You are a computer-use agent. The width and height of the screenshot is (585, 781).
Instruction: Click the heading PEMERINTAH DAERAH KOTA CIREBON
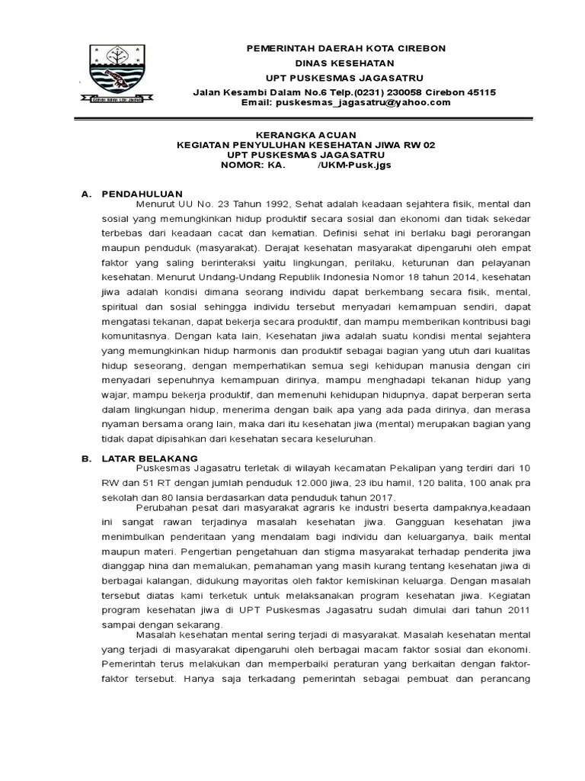tap(344, 48)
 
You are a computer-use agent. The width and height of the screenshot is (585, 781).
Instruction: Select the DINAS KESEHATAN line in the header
tap(344, 63)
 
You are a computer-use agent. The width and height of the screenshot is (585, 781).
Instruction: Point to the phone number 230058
tap(388, 92)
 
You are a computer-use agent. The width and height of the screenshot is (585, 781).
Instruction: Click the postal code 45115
tap(480, 92)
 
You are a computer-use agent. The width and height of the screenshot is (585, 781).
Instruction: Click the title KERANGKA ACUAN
tap(304, 134)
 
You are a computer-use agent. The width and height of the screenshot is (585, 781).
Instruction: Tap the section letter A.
tap(85, 194)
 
